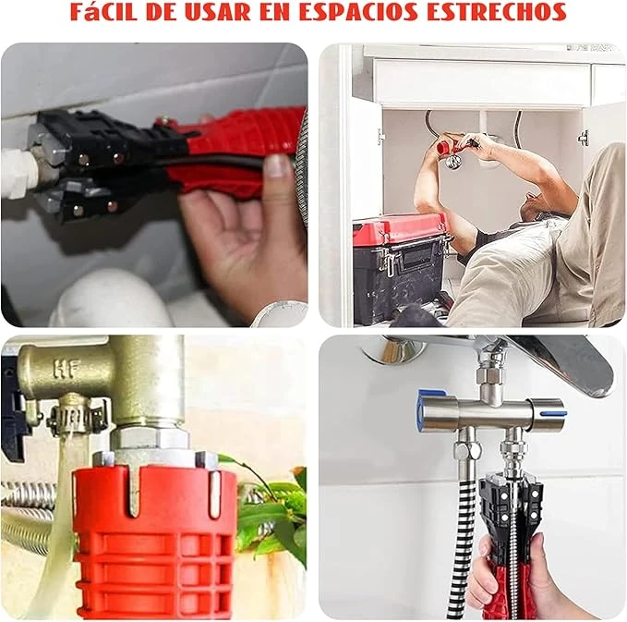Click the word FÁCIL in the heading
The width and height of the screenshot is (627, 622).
tap(104, 12)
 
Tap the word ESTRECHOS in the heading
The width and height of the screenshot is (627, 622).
tap(496, 12)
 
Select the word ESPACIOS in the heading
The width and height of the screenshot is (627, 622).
tap(358, 12)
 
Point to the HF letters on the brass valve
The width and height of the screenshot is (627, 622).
tap(67, 369)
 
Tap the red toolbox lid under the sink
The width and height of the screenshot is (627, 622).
tap(400, 229)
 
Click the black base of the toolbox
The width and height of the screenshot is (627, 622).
tap(399, 284)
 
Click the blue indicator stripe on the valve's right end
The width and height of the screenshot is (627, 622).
tap(553, 413)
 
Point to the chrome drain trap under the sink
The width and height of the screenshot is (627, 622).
tap(453, 161)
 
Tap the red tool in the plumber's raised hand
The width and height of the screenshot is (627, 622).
tap(445, 147)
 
